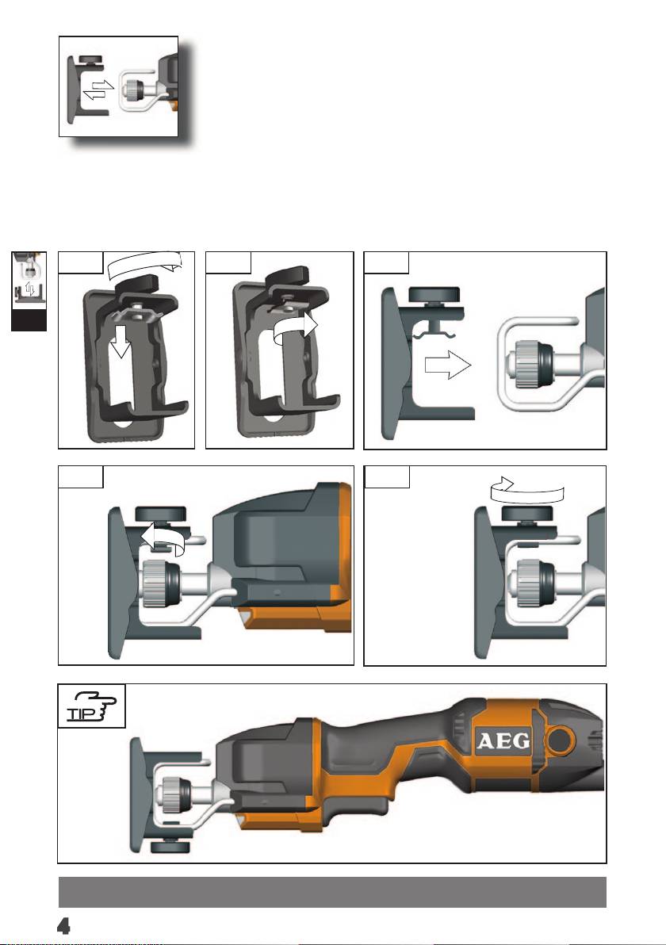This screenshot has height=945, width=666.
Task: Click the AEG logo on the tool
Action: pos(504,740)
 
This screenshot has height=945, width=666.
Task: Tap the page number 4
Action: pos(63,925)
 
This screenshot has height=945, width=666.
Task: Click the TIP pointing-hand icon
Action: pos(91,706)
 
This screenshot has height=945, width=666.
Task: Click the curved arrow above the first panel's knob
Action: pos(144,263)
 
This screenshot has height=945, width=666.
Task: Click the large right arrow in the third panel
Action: pos(447,365)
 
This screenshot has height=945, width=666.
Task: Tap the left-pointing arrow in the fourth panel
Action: pos(162,538)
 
